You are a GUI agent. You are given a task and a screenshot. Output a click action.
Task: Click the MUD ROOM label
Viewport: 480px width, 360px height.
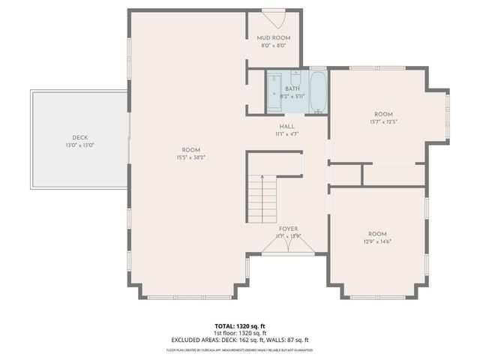273,37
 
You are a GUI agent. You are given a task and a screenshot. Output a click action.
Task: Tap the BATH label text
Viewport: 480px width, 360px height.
291,88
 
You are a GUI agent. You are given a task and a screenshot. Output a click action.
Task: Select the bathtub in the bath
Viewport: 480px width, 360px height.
317,91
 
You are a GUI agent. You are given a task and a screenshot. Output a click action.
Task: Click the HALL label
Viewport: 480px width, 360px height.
287,127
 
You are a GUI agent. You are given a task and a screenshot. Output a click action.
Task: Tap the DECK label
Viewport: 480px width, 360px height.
80,137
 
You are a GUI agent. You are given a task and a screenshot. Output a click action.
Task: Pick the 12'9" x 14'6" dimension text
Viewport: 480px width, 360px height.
376,241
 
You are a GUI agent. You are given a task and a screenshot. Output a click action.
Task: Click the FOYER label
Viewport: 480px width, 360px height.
289,228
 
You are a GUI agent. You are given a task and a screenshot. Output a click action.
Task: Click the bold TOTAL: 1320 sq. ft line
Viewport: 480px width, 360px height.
239,326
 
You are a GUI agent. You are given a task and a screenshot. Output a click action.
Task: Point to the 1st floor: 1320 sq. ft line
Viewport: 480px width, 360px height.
239,333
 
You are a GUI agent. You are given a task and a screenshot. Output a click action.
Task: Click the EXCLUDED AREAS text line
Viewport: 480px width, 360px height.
239,340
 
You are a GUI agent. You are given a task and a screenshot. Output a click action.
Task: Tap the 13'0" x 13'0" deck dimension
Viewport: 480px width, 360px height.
80,145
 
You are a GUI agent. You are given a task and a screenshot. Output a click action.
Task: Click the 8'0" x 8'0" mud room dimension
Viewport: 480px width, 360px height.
273,46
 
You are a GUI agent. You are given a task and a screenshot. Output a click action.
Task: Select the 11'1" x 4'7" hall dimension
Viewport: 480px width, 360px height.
287,134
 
